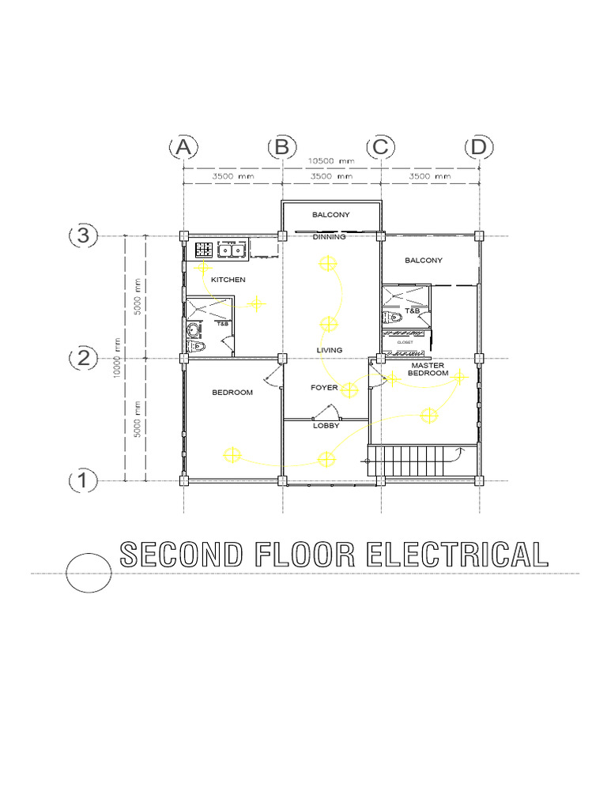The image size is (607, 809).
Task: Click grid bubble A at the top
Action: tap(183, 148)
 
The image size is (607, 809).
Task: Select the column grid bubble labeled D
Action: tap(478, 148)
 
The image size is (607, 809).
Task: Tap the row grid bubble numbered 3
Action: tap(83, 235)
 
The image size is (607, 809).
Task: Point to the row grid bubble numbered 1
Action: tap(83, 480)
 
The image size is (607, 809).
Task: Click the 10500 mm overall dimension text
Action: tap(331, 160)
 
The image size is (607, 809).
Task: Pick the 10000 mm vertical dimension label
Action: tap(116, 358)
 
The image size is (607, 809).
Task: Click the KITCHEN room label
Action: tap(228, 280)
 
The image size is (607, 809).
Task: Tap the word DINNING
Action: tap(330, 237)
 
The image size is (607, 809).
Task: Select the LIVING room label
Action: tap(330, 350)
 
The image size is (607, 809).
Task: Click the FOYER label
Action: tap(324, 388)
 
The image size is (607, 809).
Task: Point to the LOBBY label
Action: tap(326, 425)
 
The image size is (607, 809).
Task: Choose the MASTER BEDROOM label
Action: tap(428, 369)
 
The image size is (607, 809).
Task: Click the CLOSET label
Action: tap(405, 343)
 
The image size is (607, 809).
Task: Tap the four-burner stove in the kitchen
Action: tap(203, 250)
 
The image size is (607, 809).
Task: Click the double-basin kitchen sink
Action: tap(231, 250)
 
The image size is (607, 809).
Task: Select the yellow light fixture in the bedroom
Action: tap(232, 454)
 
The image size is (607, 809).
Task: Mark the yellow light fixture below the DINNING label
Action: tap(326, 263)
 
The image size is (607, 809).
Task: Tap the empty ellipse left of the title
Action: tap(89, 571)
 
